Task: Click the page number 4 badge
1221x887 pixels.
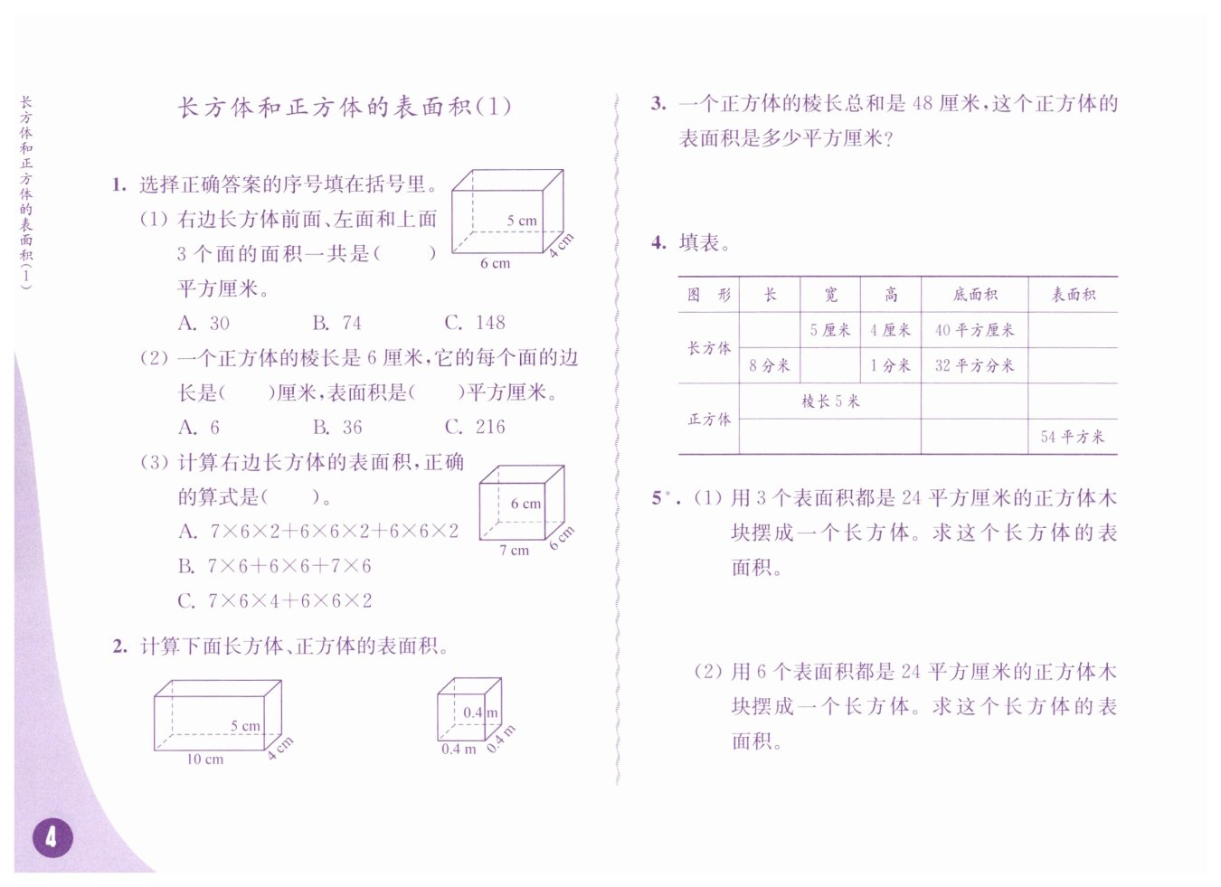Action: click(x=52, y=837)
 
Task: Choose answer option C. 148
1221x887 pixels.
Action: click(x=475, y=323)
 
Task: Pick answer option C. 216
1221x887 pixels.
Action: click(x=475, y=427)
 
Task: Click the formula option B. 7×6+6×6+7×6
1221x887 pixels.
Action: click(x=275, y=566)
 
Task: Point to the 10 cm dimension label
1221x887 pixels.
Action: click(x=204, y=760)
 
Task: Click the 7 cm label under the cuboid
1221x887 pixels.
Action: click(x=514, y=550)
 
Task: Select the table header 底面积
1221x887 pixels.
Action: click(x=974, y=295)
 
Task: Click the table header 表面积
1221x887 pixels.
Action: click(x=1073, y=295)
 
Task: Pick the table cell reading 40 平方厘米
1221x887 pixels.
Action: click(x=974, y=330)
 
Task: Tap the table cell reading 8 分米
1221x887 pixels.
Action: click(x=769, y=365)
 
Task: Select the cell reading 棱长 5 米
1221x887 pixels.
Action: click(x=829, y=401)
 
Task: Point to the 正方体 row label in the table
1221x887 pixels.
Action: click(x=709, y=419)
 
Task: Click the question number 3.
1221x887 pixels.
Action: click(x=658, y=103)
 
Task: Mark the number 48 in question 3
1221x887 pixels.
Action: click(x=923, y=103)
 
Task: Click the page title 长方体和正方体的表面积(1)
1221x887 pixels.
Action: click(x=345, y=107)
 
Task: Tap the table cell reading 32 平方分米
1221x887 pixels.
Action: click(x=974, y=365)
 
